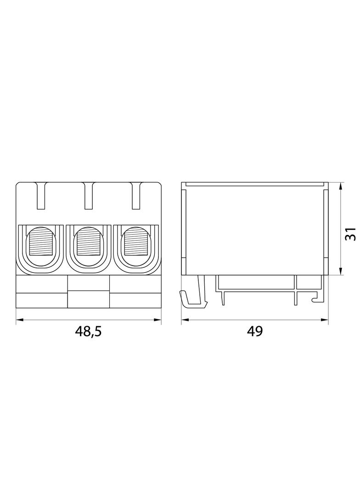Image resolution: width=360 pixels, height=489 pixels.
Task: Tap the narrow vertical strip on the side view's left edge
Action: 184,229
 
